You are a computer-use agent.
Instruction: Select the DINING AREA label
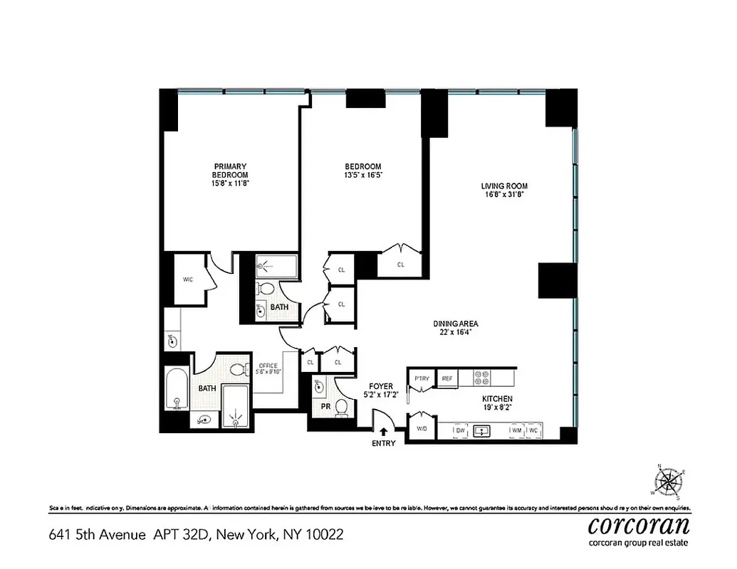(452, 324)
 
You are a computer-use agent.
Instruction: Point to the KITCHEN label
(497, 398)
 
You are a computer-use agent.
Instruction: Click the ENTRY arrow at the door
(384, 431)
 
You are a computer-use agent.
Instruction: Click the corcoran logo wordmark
(639, 526)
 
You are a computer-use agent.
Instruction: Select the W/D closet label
(422, 429)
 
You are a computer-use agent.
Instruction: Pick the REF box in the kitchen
(446, 379)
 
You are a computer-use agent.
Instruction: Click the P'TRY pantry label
(422, 379)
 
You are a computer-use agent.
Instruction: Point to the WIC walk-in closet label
(187, 279)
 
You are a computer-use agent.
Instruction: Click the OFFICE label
(268, 365)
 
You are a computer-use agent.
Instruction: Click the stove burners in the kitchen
(481, 378)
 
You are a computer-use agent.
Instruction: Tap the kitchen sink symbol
(484, 431)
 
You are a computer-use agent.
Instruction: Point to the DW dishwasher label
(460, 431)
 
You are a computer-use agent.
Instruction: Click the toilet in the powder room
(342, 407)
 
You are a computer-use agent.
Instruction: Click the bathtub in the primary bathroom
(175, 390)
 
